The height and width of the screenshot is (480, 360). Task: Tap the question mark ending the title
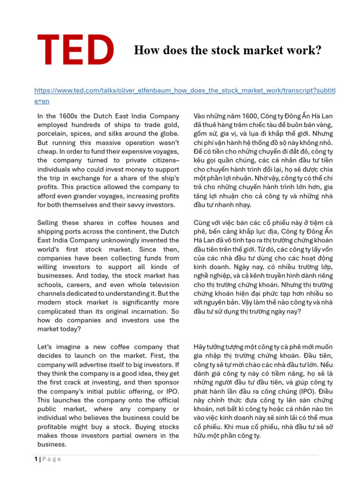318,50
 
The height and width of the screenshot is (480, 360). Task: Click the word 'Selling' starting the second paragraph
49,223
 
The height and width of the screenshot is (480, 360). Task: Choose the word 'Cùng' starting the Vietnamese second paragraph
202,223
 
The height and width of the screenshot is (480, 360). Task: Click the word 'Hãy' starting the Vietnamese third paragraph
200,347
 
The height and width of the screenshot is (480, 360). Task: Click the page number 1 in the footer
36,459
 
